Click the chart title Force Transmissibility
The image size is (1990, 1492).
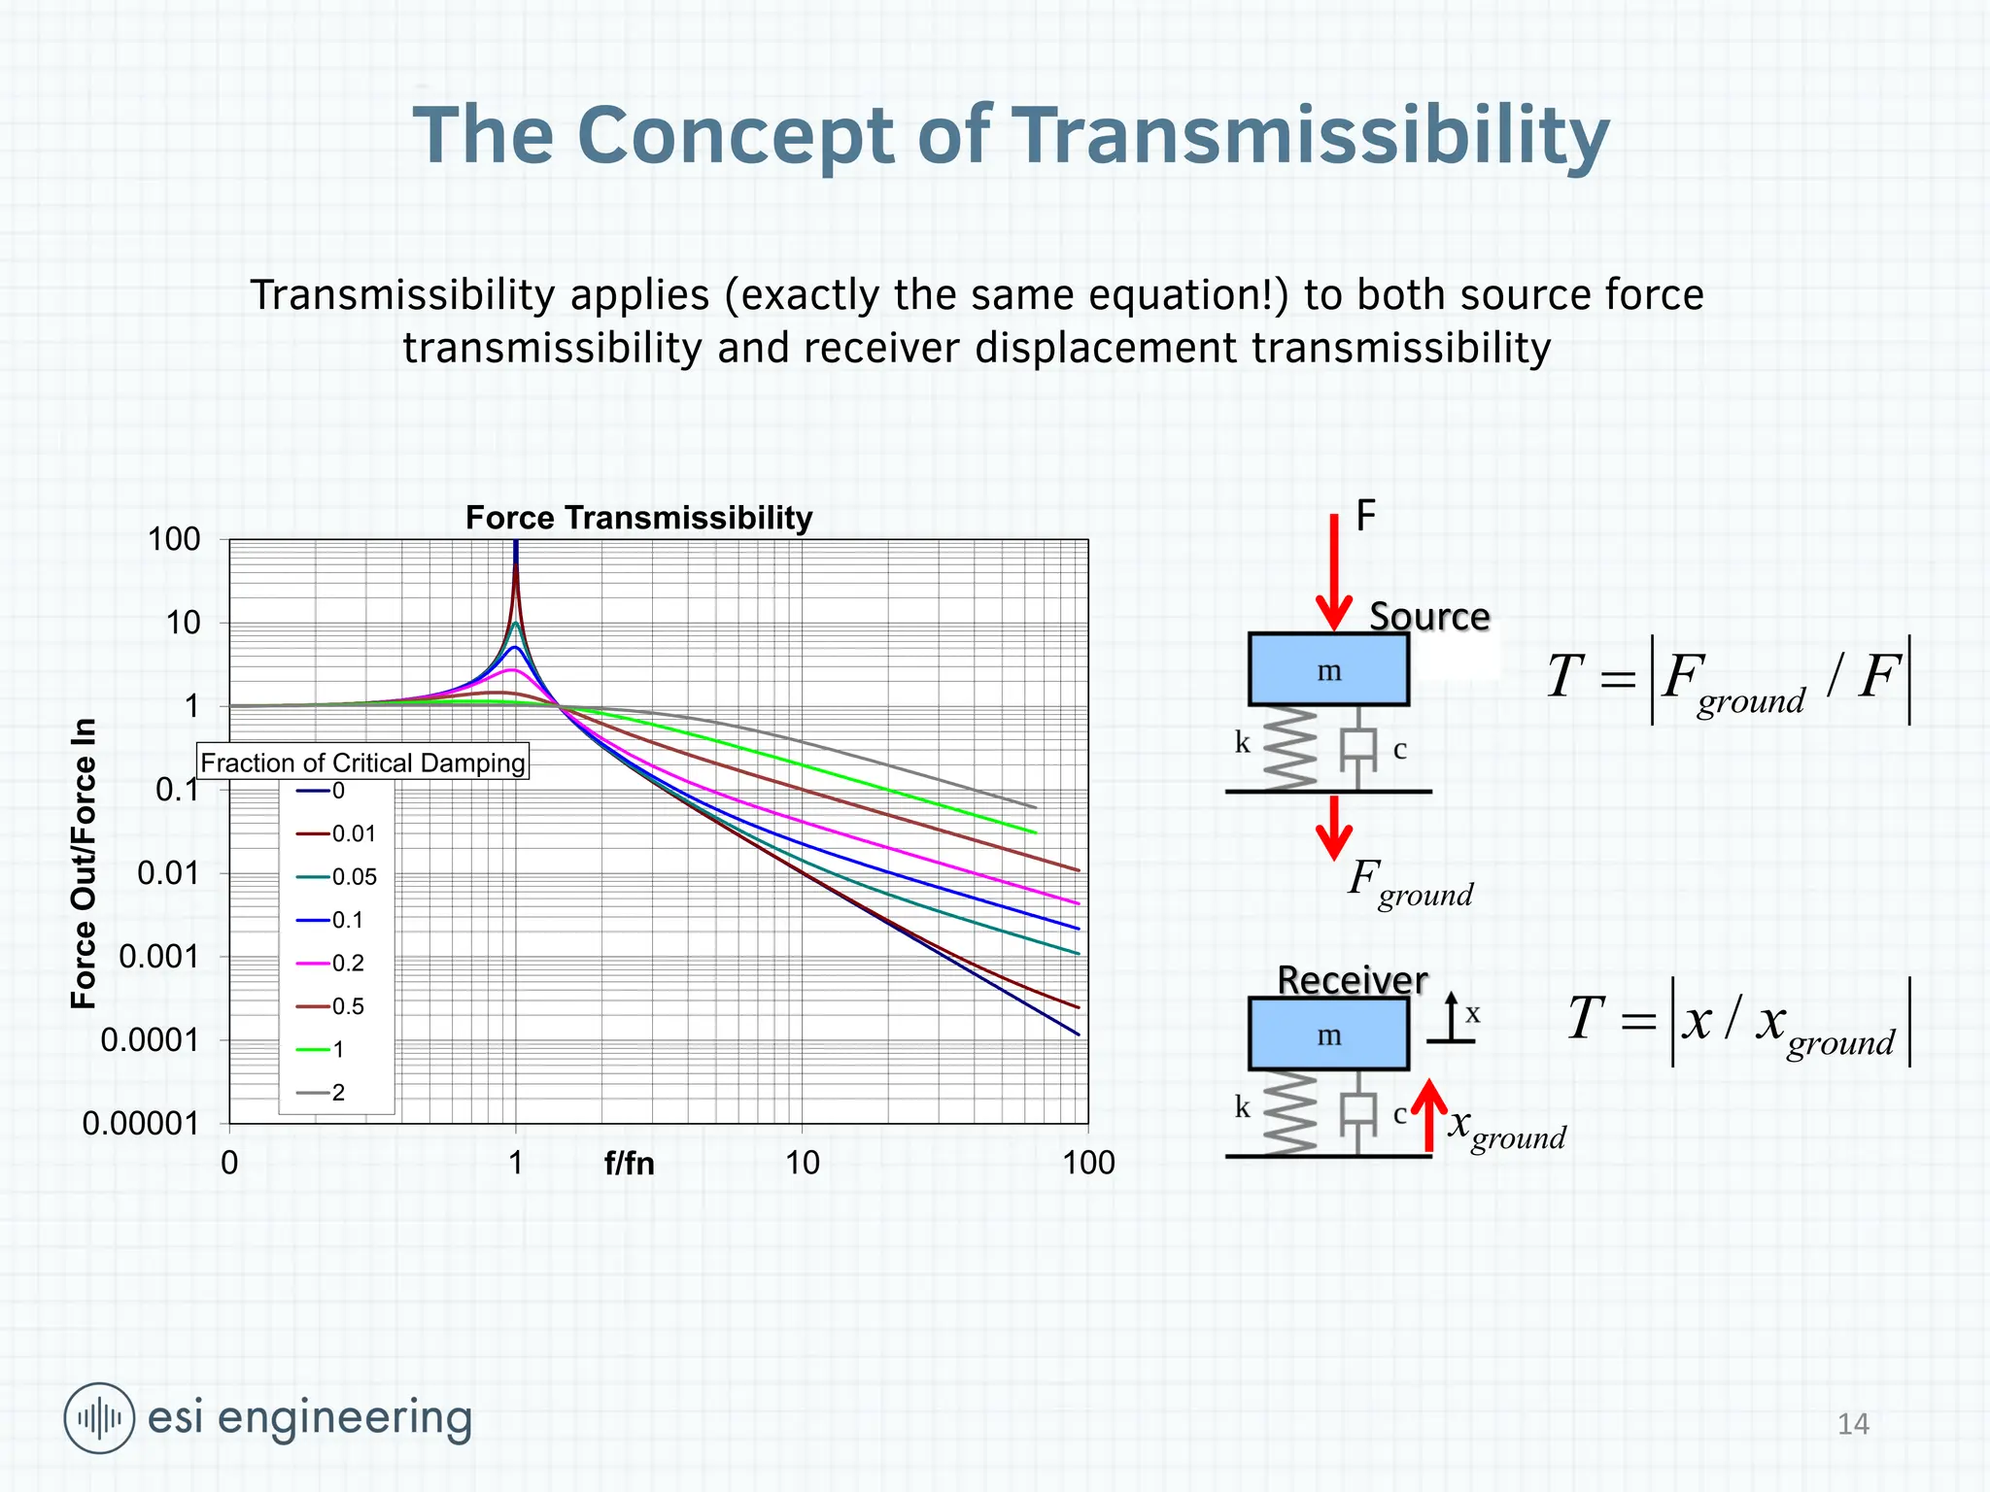pos(638,518)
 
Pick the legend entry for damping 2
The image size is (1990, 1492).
pos(322,1092)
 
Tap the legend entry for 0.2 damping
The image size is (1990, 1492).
pos(331,963)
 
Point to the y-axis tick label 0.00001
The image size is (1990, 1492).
pos(140,1124)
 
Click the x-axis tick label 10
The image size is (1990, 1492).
pos(802,1163)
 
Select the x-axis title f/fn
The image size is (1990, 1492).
pos(629,1163)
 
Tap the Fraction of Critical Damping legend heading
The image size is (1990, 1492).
pos(362,763)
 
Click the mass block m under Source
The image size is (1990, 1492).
pos(1327,670)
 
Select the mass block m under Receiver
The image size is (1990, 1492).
pos(1327,1034)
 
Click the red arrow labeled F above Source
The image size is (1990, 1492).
pos(1334,573)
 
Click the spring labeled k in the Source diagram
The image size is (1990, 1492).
pos(1289,748)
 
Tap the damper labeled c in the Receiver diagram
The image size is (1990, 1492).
pos(1357,1112)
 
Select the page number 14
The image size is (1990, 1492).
pos(1853,1424)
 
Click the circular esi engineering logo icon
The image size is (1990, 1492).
pos(99,1418)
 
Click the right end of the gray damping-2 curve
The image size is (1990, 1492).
pos(1034,806)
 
